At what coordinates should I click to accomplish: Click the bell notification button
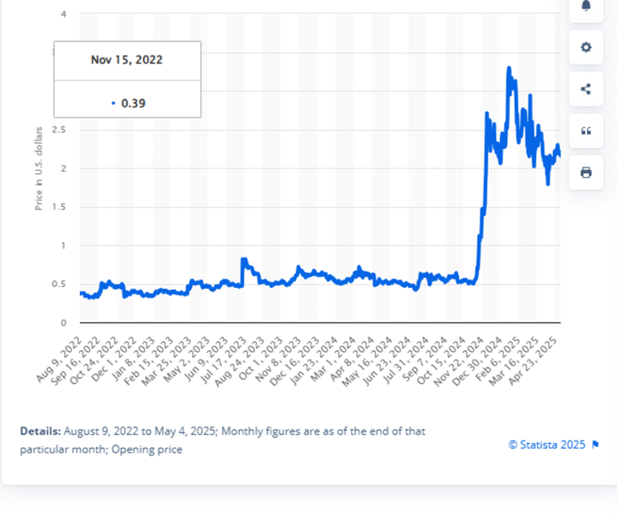586,6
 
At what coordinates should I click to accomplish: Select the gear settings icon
586,47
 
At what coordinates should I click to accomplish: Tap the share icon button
586,89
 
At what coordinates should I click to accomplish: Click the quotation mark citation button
586,131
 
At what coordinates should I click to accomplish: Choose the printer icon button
586,173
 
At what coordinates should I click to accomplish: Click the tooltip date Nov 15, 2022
127,60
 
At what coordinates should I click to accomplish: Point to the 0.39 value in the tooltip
133,103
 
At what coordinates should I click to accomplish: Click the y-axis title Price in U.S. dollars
39,168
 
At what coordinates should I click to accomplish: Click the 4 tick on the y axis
63,14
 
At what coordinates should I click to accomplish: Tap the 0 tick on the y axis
63,323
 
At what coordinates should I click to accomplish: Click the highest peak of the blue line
509,68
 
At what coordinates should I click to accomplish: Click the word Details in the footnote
40,432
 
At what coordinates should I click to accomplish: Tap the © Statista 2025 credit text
547,445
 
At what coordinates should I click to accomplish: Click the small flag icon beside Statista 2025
595,445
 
